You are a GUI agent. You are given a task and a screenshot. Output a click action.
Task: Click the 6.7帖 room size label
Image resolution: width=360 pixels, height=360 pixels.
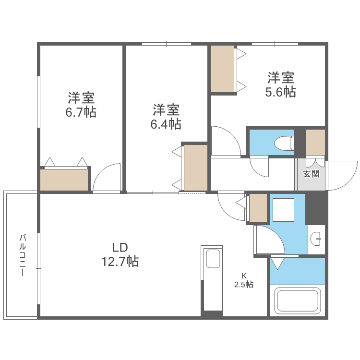81,106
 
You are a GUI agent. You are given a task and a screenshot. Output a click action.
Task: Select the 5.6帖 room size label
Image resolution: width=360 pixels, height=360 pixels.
281,84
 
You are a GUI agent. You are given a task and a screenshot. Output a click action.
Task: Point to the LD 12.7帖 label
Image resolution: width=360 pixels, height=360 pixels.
120,254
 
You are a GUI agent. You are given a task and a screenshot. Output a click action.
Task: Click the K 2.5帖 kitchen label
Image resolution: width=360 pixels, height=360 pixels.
244,280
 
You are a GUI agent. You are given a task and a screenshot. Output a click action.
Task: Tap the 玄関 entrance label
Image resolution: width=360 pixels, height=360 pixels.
311,174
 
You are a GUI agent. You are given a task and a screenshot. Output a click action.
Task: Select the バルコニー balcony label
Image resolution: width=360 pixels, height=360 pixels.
22,254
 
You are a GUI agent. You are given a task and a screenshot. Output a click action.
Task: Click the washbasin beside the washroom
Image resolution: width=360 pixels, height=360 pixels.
316,239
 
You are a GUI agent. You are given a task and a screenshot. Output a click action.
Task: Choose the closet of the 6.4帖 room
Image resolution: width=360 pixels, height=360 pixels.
195,167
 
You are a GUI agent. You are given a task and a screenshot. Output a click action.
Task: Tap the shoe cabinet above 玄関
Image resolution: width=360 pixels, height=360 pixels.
315,142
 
